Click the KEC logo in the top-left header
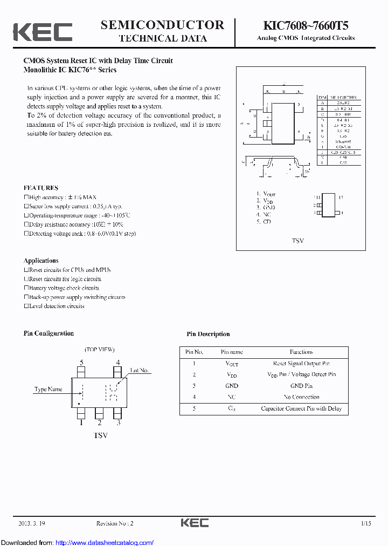pyautogui.click(x=43, y=32)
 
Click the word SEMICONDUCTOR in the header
pyautogui.click(x=162, y=25)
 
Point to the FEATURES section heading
pyautogui.click(x=41, y=188)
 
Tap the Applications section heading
pyautogui.click(x=41, y=260)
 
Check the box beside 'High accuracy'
pyautogui.click(x=26, y=197)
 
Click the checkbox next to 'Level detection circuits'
pyautogui.click(x=26, y=306)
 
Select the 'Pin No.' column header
pyautogui.click(x=194, y=352)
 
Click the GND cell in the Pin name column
pyautogui.click(x=232, y=386)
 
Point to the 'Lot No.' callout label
pyautogui.click(x=140, y=371)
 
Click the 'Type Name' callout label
pyautogui.click(x=48, y=389)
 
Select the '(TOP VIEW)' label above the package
pyautogui.click(x=100, y=350)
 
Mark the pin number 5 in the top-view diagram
pyautogui.click(x=81, y=363)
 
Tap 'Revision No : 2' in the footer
pyautogui.click(x=114, y=523)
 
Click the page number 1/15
pyautogui.click(x=366, y=523)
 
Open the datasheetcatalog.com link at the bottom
pyautogui.click(x=105, y=542)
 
